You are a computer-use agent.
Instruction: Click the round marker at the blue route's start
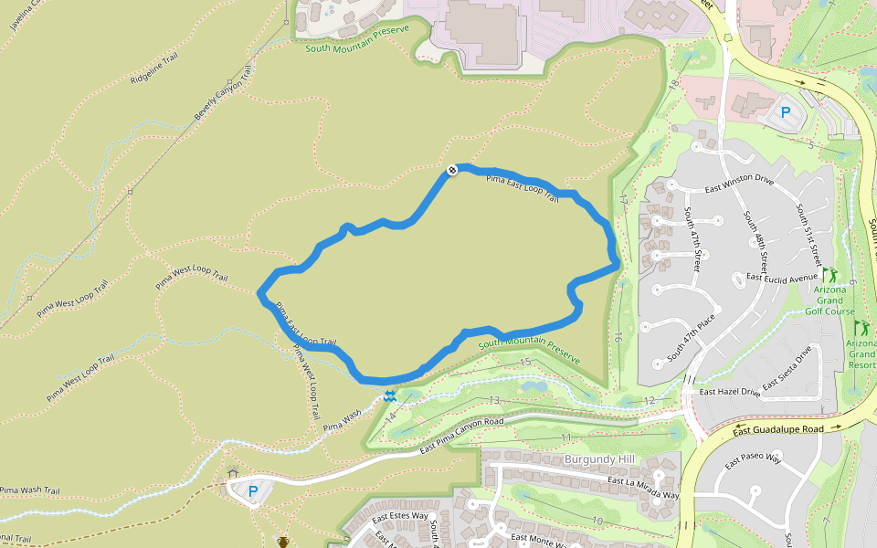(x=451, y=171)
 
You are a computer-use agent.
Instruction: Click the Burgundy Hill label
(x=599, y=458)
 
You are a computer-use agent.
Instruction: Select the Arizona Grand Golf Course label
(x=834, y=300)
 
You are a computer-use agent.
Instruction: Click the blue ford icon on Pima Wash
(x=391, y=396)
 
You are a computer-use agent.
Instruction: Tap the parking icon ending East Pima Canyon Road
(x=253, y=490)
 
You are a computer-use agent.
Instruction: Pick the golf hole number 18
(x=674, y=85)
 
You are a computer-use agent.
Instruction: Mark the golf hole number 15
(x=524, y=363)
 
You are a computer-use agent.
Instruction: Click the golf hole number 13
(x=494, y=400)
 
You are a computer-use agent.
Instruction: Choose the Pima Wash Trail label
(x=29, y=490)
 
